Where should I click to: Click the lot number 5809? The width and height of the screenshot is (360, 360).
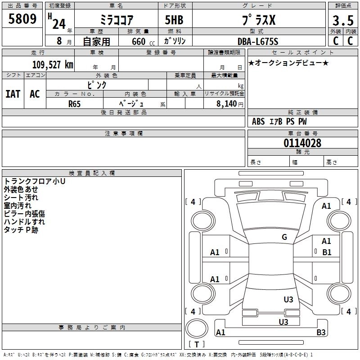[22, 19]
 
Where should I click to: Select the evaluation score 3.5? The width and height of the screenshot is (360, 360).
[342, 21]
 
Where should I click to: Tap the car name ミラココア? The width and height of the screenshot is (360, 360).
[116, 20]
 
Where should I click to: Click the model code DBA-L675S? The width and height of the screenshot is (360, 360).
[258, 42]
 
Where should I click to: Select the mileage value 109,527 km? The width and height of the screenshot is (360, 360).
[53, 65]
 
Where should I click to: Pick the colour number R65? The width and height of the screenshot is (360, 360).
[75, 103]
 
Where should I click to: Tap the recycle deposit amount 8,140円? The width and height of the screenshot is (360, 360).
[229, 103]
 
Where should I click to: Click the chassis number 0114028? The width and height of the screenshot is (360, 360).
[302, 143]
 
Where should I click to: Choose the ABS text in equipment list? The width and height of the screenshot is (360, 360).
[258, 121]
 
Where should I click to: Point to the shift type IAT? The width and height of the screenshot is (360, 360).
[13, 94]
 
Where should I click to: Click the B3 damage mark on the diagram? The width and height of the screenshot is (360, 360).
[321, 333]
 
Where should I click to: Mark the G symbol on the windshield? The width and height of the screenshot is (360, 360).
[284, 237]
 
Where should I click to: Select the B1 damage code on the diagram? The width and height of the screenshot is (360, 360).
[327, 252]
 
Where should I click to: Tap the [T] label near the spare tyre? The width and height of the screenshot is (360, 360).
[197, 345]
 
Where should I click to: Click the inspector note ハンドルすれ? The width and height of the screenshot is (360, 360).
[24, 222]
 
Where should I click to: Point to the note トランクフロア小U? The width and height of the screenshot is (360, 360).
[35, 181]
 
